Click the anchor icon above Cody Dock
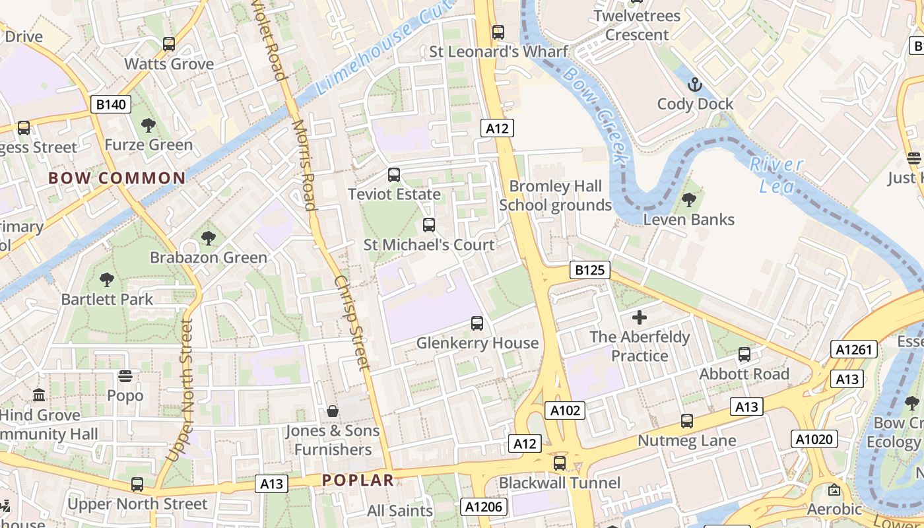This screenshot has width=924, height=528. [x=694, y=84]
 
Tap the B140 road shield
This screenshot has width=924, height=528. [x=111, y=104]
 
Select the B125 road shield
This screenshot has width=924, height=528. [x=589, y=270]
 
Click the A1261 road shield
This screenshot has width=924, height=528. [x=854, y=350]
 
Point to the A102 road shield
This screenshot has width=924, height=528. [x=566, y=411]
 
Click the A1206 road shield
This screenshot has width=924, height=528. [x=484, y=507]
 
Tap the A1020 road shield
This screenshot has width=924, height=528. [x=814, y=439]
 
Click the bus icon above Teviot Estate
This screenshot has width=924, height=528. [x=394, y=175]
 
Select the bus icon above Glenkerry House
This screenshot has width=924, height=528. [x=477, y=323]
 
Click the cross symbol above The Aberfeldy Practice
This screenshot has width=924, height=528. [x=639, y=317]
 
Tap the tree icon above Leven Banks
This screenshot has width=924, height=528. [x=688, y=199]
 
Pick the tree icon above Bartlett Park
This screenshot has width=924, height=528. [x=106, y=280]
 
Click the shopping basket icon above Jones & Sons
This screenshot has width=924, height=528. [x=333, y=411]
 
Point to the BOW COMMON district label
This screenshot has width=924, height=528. [x=117, y=178]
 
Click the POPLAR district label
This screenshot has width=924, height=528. [x=358, y=480]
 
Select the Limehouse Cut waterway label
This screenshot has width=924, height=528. [x=383, y=46]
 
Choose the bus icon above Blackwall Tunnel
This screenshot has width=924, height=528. [x=560, y=463]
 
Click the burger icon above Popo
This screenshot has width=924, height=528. [x=125, y=376]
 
